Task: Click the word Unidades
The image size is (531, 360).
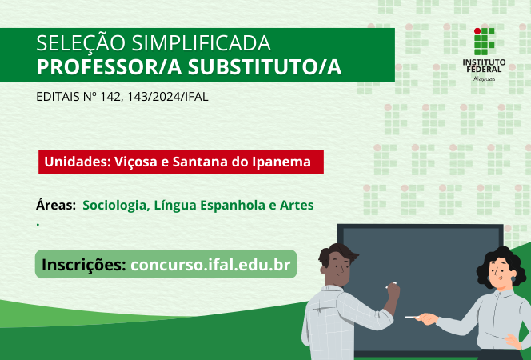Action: (77, 162)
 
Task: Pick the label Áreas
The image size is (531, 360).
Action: (56, 205)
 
